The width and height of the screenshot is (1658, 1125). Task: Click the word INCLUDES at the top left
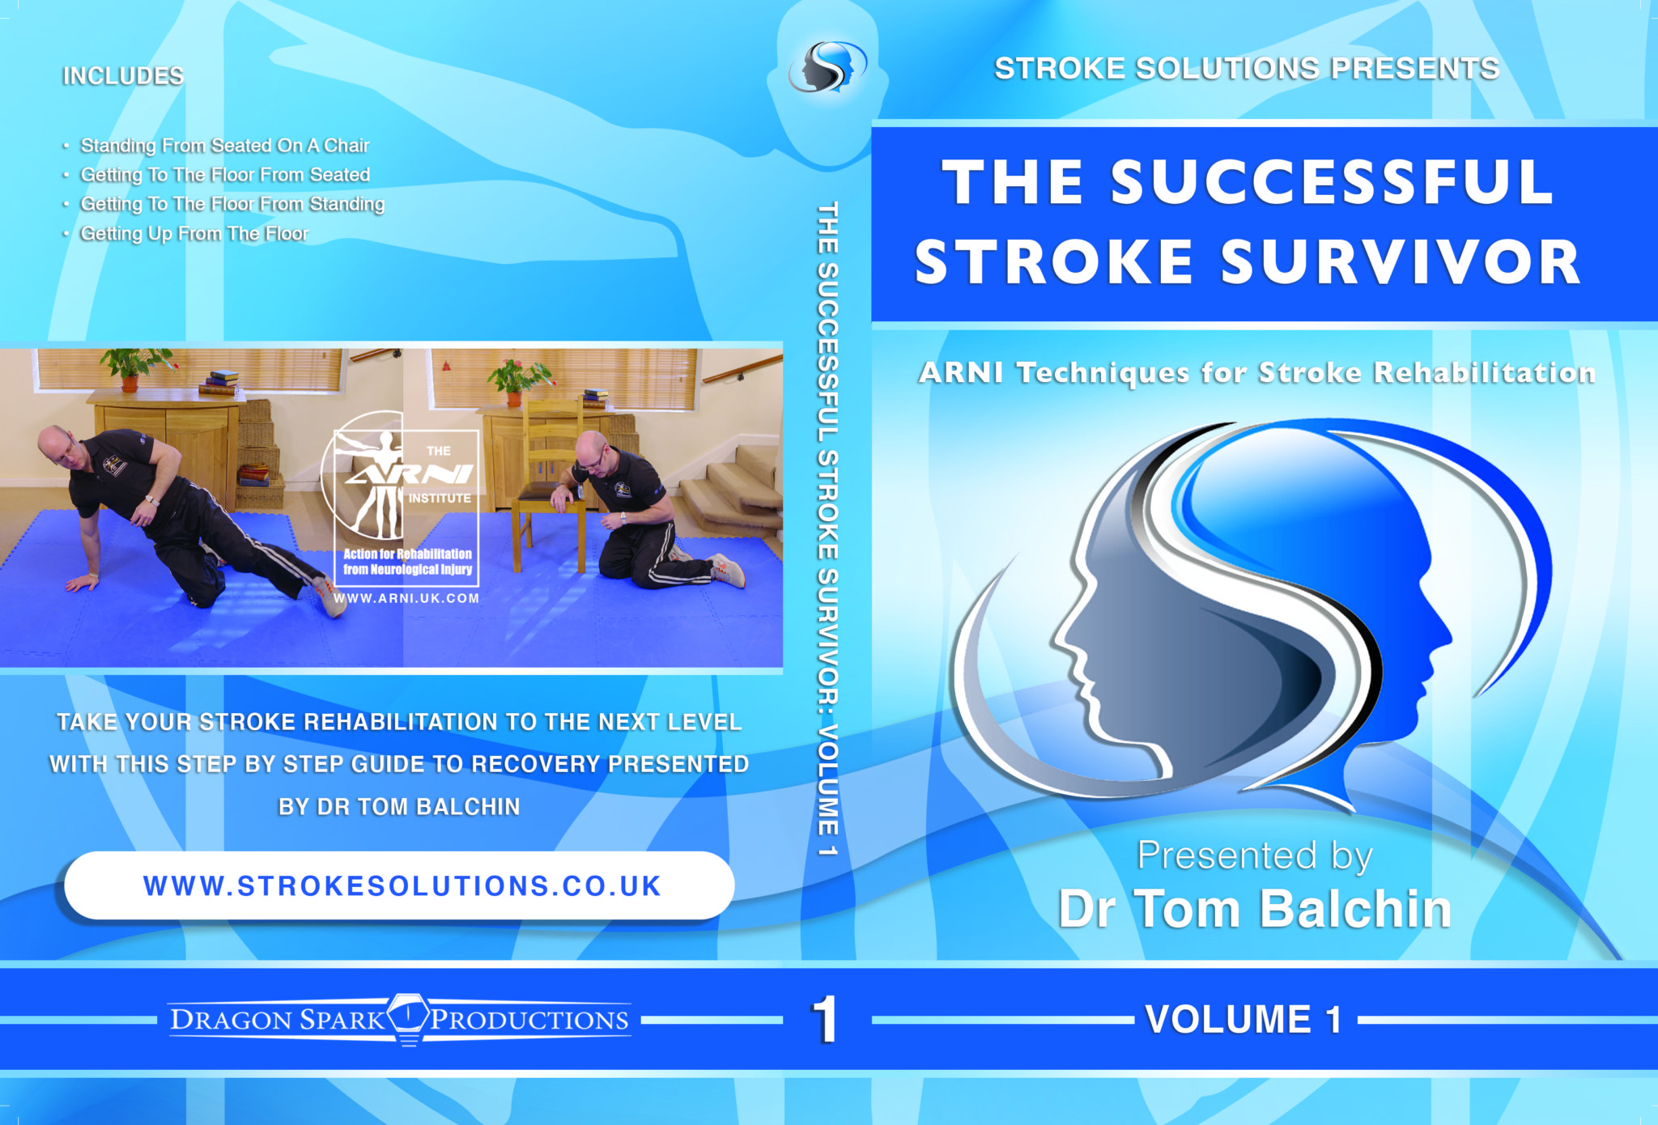(123, 76)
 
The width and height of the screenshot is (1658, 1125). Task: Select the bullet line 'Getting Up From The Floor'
(194, 234)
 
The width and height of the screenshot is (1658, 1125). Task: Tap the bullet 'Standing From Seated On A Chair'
(224, 146)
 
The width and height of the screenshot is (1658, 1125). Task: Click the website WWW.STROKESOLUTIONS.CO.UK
(402, 886)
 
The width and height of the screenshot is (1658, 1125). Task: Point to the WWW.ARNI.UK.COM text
(406, 599)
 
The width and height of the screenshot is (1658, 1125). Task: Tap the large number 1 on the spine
(825, 1019)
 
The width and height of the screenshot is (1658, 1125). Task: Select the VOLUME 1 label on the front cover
(1243, 1019)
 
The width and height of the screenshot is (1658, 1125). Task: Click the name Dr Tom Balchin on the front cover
(1254, 909)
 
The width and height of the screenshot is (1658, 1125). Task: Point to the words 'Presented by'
(1254, 855)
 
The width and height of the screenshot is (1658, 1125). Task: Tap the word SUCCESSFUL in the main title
(1332, 183)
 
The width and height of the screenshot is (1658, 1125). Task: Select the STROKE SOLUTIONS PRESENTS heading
(1247, 69)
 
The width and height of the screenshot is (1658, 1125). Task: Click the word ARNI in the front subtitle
(961, 373)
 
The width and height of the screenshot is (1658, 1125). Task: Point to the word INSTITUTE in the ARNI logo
(440, 499)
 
